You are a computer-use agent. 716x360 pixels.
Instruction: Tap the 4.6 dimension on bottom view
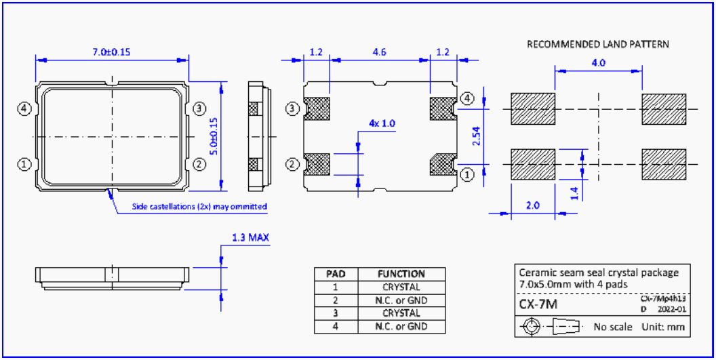pos(379,52)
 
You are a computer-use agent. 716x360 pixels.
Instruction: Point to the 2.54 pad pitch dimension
pos(477,136)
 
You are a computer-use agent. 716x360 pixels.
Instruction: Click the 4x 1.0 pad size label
pos(382,123)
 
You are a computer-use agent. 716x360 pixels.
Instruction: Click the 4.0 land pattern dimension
pos(598,62)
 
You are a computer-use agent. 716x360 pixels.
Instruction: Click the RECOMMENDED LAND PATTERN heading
pos(598,44)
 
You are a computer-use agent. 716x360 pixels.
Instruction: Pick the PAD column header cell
pos(336,274)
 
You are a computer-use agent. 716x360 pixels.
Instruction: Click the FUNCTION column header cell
pos(401,274)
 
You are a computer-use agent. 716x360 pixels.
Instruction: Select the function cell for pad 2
pos(401,300)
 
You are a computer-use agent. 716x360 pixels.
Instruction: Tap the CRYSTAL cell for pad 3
pos(401,313)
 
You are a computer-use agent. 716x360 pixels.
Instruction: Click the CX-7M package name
pos(538,305)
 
